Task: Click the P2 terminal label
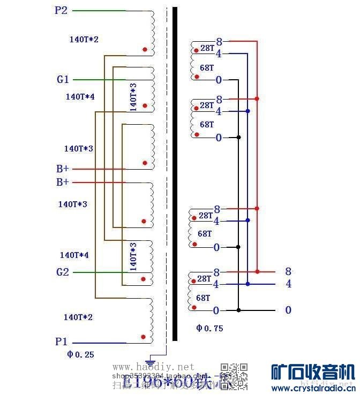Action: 61,10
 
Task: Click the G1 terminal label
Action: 63,80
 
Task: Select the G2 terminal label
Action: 63,272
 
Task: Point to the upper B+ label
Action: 63,169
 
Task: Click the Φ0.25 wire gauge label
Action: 80,354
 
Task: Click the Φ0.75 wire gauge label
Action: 209,328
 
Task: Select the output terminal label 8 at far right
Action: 288,271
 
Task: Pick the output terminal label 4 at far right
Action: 288,284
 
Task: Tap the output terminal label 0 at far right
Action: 288,310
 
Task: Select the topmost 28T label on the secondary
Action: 207,48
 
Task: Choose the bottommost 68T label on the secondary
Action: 203,298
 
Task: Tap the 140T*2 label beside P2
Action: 84,39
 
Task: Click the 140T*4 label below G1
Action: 80,97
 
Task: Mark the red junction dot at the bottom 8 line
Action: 257,272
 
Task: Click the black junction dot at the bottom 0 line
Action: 239,310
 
